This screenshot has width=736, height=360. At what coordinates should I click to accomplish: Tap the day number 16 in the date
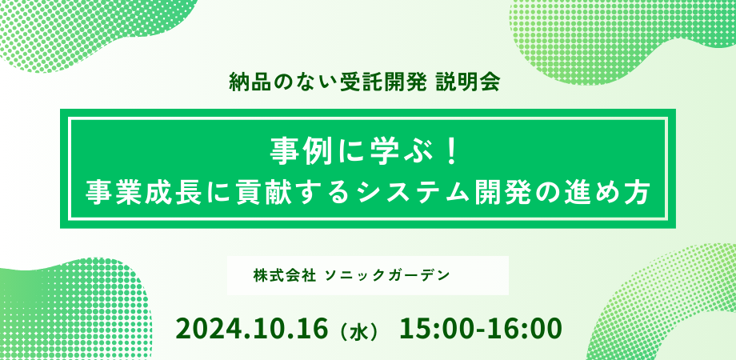[x=312, y=329]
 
